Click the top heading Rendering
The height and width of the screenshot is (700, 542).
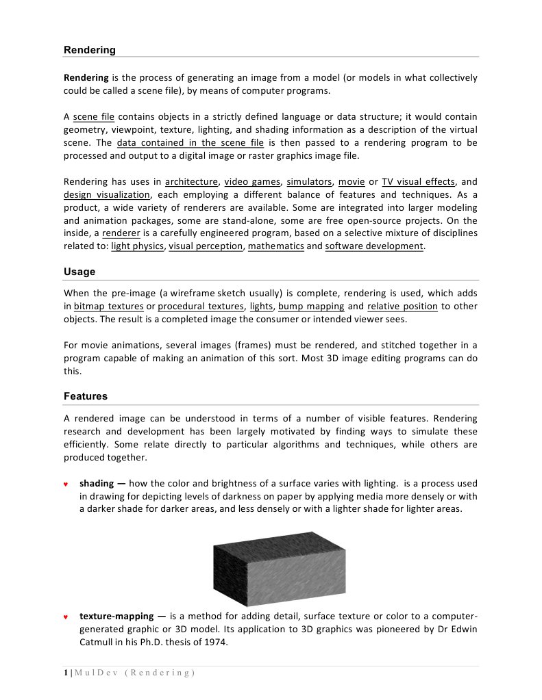click(90, 50)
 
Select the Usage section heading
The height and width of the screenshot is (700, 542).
click(79, 272)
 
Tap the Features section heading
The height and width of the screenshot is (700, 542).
click(86, 396)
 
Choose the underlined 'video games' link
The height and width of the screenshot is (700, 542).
click(253, 182)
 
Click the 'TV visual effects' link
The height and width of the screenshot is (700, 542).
click(418, 182)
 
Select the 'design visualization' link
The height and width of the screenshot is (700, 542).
click(106, 194)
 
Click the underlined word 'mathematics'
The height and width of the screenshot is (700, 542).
click(275, 246)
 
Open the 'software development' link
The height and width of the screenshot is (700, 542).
click(374, 246)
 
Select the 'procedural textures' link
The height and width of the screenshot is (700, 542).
click(201, 307)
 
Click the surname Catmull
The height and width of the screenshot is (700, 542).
click(98, 643)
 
